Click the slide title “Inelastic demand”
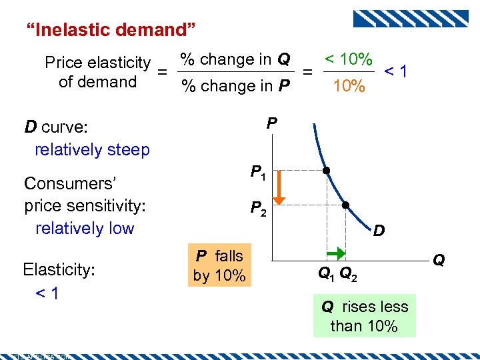(110, 29)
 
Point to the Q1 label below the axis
(326, 273)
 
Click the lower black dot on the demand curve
(347, 205)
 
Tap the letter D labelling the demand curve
(378, 231)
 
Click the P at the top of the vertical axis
(271, 123)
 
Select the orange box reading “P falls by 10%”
(219, 265)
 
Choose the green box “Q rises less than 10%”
(364, 316)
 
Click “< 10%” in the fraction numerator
(348, 59)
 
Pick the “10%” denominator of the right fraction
(349, 85)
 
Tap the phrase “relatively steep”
(92, 149)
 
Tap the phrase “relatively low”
(85, 228)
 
